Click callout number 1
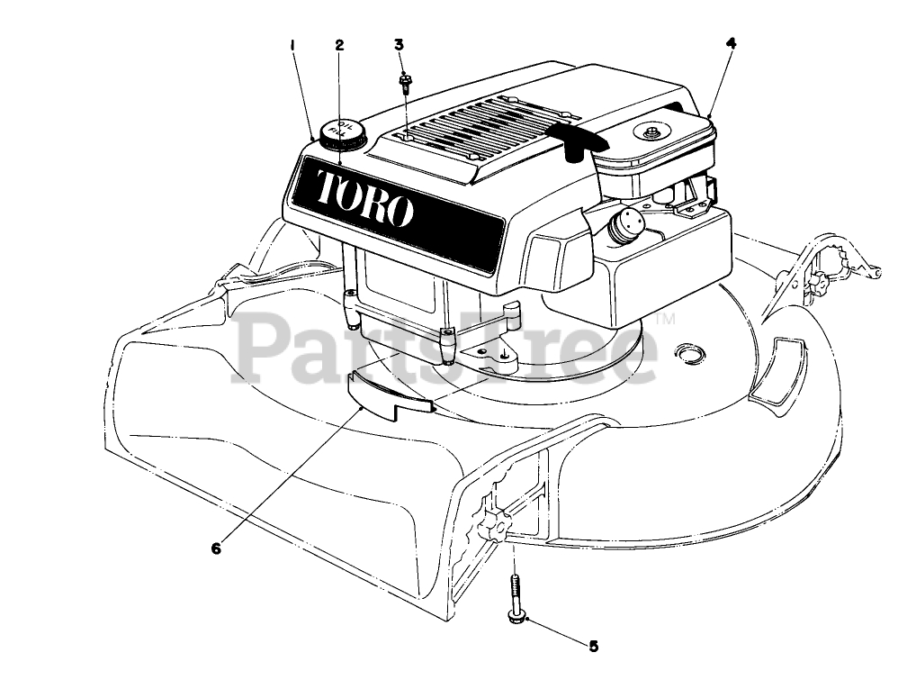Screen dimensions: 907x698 click(x=292, y=44)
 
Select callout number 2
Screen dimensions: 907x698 click(x=339, y=44)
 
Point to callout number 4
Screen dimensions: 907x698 click(x=731, y=41)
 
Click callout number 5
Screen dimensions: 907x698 click(x=593, y=645)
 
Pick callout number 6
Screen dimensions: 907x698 click(x=216, y=547)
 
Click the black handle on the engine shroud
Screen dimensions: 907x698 click(x=576, y=140)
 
